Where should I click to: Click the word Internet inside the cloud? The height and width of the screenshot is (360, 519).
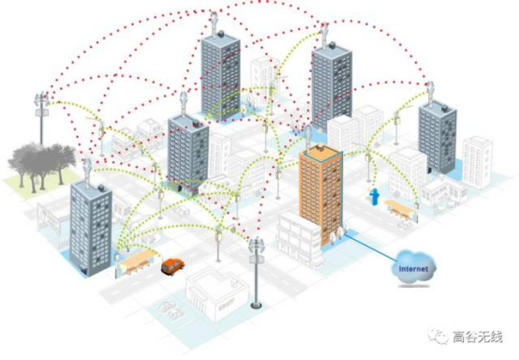pyautogui.click(x=413, y=268)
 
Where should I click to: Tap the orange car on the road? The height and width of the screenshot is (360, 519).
pyautogui.click(x=172, y=266)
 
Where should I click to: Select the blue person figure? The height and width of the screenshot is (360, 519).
pyautogui.click(x=375, y=196)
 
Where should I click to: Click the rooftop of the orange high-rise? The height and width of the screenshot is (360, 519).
pyautogui.click(x=320, y=152)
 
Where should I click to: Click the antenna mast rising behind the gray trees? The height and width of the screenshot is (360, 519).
pyautogui.click(x=42, y=118)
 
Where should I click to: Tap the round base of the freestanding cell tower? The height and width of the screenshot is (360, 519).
pyautogui.click(x=256, y=306)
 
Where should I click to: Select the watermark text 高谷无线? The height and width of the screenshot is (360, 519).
pyautogui.click(x=477, y=337)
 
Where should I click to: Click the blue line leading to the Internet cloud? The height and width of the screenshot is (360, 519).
pyautogui.click(x=370, y=247)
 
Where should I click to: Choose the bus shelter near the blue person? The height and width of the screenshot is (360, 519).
pyautogui.click(x=401, y=209)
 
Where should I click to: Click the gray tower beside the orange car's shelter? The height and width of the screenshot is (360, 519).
pyautogui.click(x=91, y=229)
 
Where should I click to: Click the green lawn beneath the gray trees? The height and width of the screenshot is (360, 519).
pyautogui.click(x=37, y=185)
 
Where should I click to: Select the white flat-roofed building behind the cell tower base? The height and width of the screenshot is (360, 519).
pyautogui.click(x=216, y=294)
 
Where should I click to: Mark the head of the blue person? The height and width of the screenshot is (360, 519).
pyautogui.click(x=375, y=190)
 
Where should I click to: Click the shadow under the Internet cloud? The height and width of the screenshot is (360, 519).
pyautogui.click(x=414, y=286)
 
